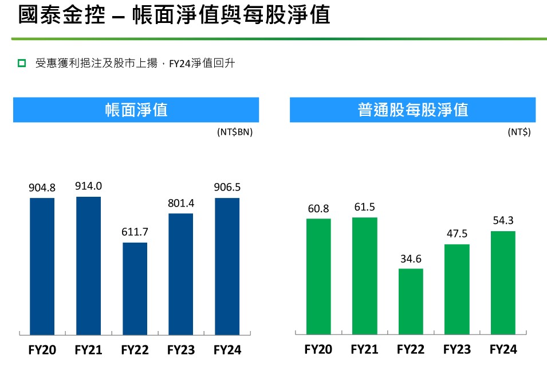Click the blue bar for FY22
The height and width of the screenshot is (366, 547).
coord(135,288)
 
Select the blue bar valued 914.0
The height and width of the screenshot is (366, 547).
coord(88,265)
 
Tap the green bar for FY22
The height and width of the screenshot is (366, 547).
coord(411,301)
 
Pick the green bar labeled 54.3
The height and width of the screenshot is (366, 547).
coord(503,282)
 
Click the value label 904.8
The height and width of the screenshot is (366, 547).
coord(42,188)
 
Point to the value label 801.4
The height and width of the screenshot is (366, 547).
coord(180,203)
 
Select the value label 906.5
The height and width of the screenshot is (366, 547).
coord(227,188)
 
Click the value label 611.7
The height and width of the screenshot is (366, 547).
coord(135,232)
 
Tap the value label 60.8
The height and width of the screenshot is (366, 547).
coord(318,208)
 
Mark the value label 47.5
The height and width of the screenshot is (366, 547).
coord(457,234)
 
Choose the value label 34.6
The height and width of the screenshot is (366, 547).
coord(411,258)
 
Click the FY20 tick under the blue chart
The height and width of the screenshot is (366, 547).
coord(42,349)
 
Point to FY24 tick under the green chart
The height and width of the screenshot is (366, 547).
coord(503,349)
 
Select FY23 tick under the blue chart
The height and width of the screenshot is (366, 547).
coord(180,349)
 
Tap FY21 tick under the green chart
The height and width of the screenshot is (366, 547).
coord(364,349)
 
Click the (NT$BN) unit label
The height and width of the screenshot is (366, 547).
coord(234,132)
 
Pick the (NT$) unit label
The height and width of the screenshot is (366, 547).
coord(519,132)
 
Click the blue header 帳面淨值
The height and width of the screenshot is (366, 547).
coord(136,110)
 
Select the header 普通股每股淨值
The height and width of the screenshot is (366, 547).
coord(412,110)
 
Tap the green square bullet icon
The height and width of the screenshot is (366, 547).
coord(22,63)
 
